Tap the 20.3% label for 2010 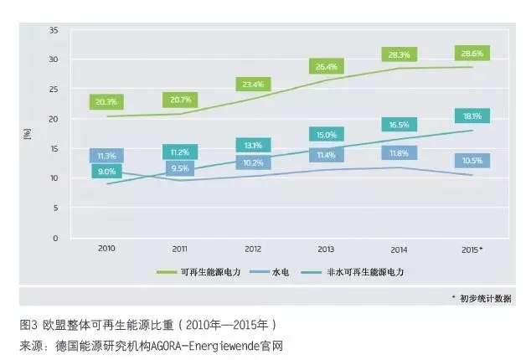point(106,102)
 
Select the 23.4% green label point(252,84)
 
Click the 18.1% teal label point(473,116)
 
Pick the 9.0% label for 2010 point(107,172)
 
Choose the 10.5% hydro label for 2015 point(473,160)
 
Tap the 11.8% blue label point(400,152)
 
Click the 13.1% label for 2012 point(252,145)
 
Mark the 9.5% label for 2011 point(179,168)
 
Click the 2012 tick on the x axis point(252,249)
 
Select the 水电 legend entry point(284,272)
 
